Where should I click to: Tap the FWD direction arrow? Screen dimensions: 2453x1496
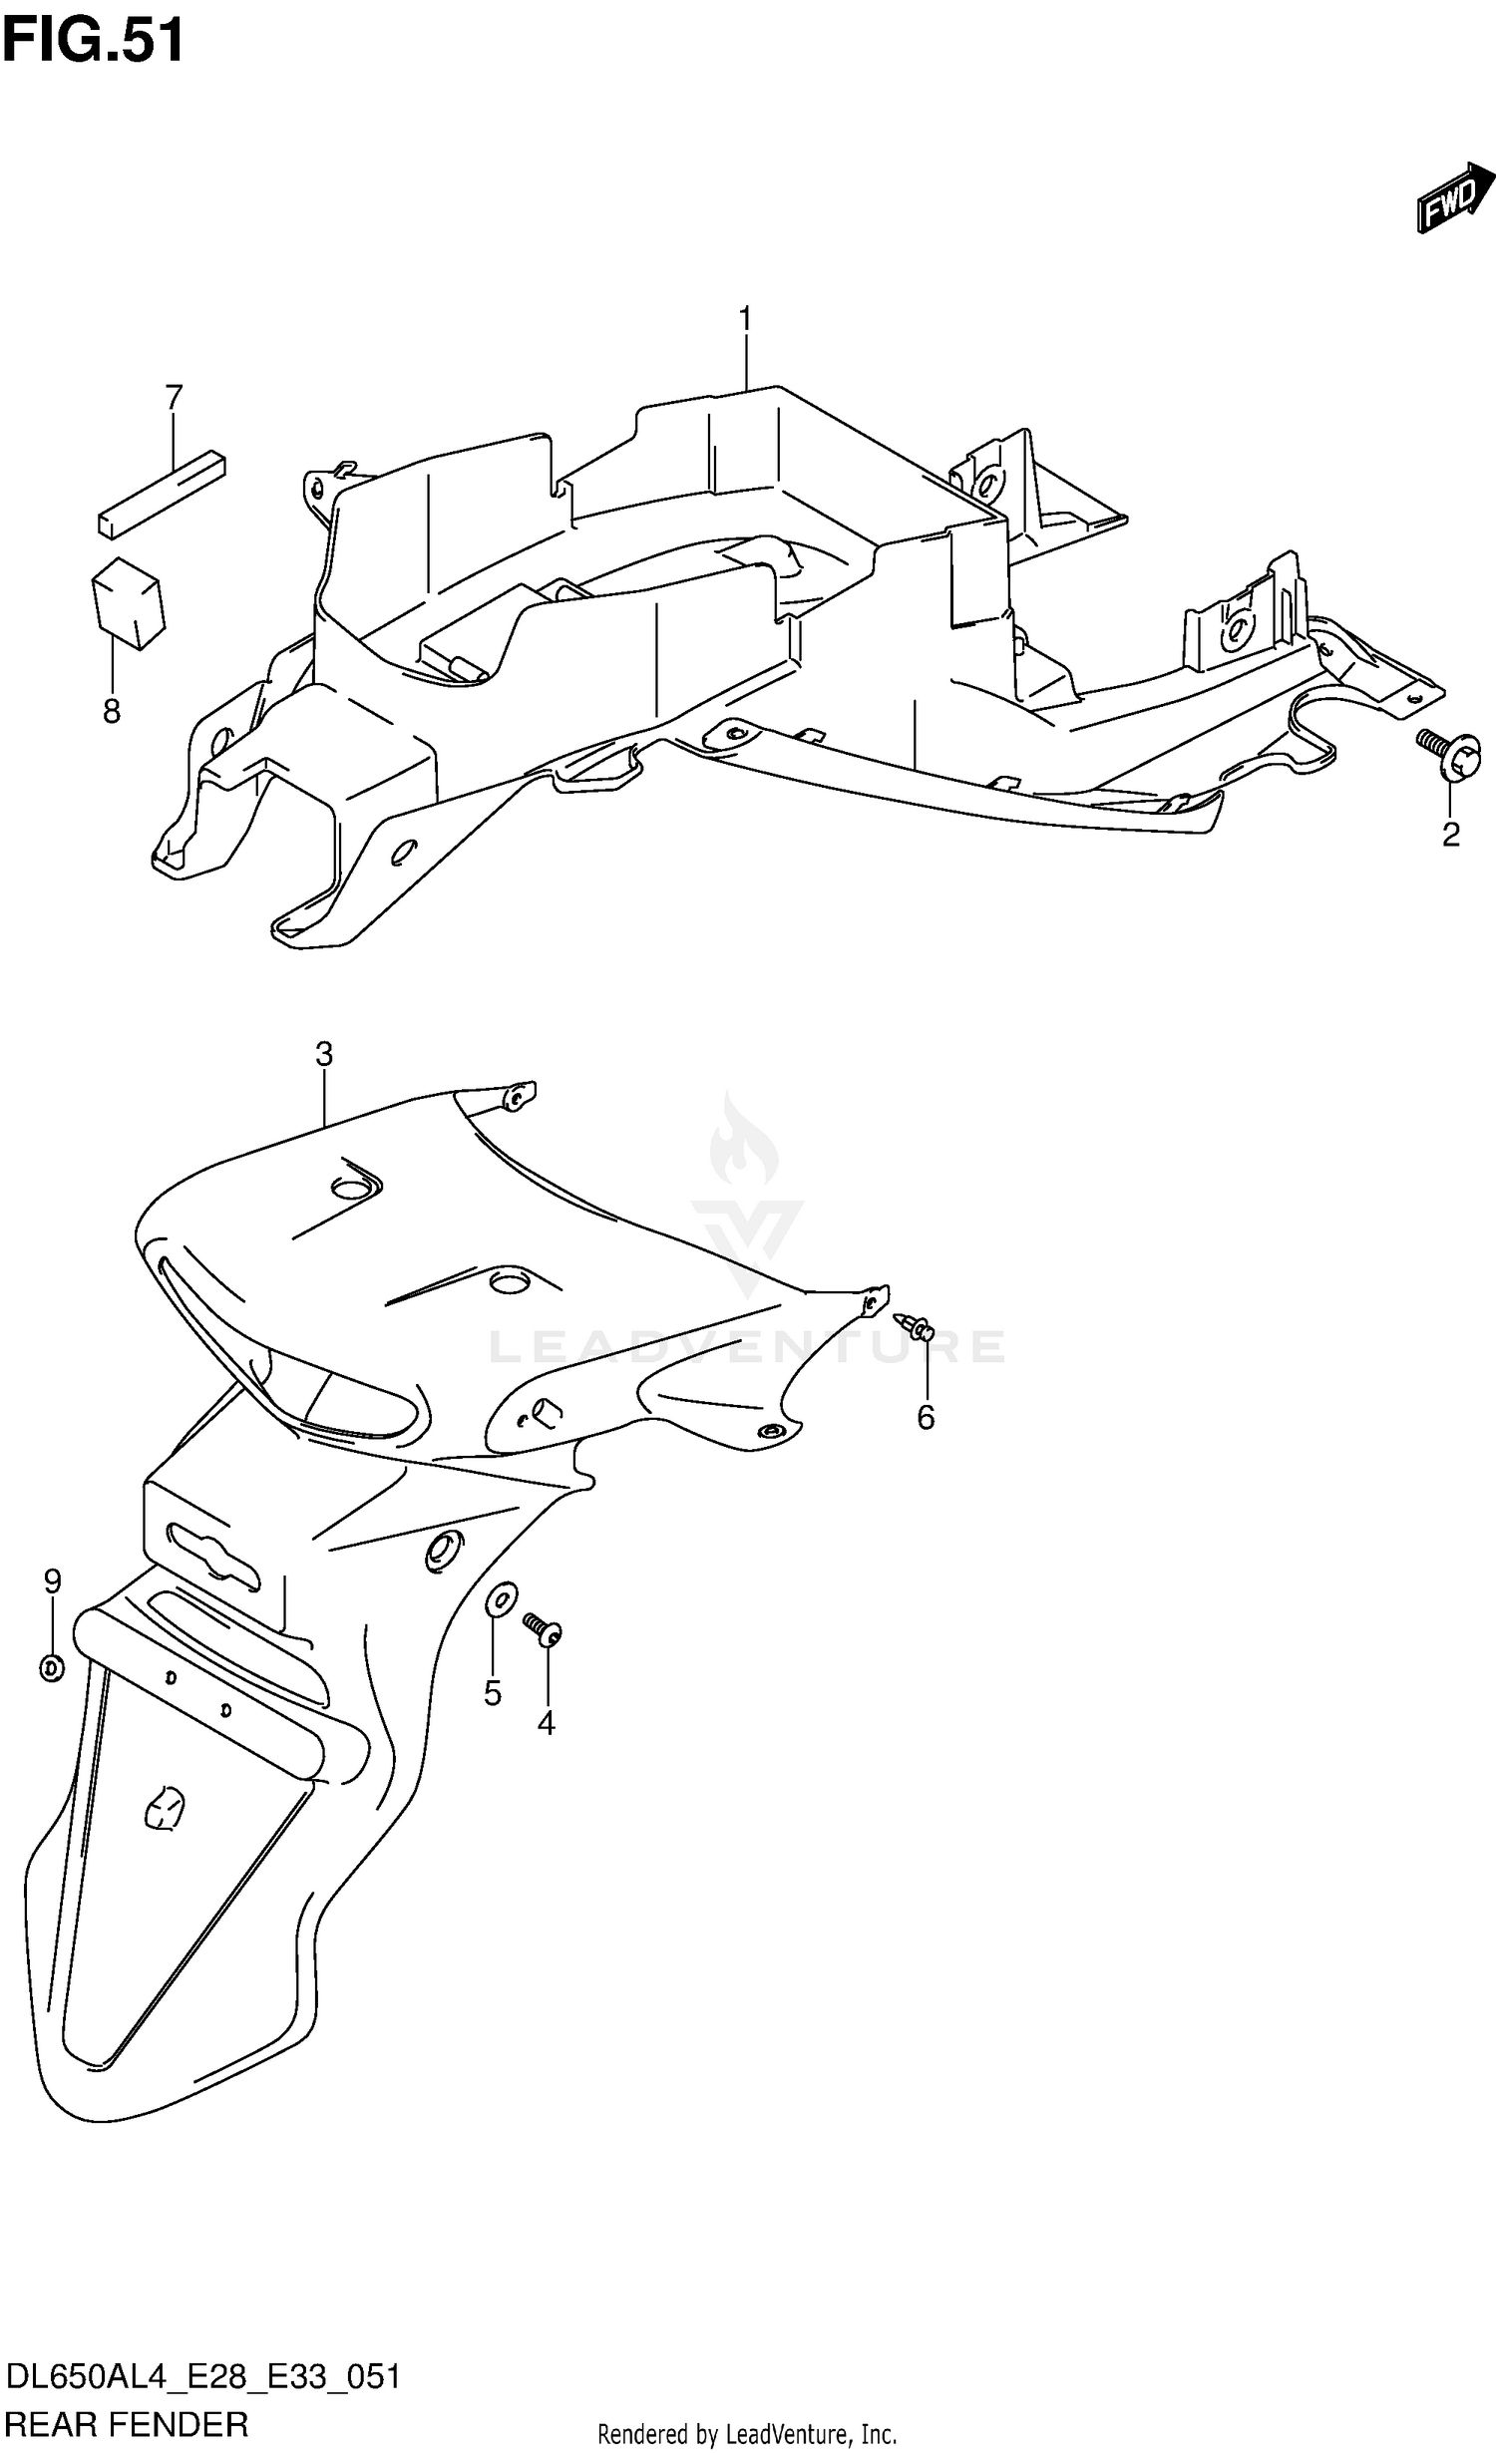click(1455, 200)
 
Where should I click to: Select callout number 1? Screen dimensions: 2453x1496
click(745, 320)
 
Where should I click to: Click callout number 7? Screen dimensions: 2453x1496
click(174, 398)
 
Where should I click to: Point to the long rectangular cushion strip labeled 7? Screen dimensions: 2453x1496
click(162, 495)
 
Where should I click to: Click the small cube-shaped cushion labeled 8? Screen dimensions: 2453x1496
click(128, 602)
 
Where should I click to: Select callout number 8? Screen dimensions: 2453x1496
click(112, 712)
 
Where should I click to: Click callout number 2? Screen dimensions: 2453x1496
click(1450, 834)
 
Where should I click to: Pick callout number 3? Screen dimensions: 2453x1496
click(323, 1054)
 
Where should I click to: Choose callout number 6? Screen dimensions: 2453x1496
click(926, 1417)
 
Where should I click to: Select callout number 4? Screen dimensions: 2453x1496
click(546, 1722)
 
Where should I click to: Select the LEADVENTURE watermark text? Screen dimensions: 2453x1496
click(746, 1347)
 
